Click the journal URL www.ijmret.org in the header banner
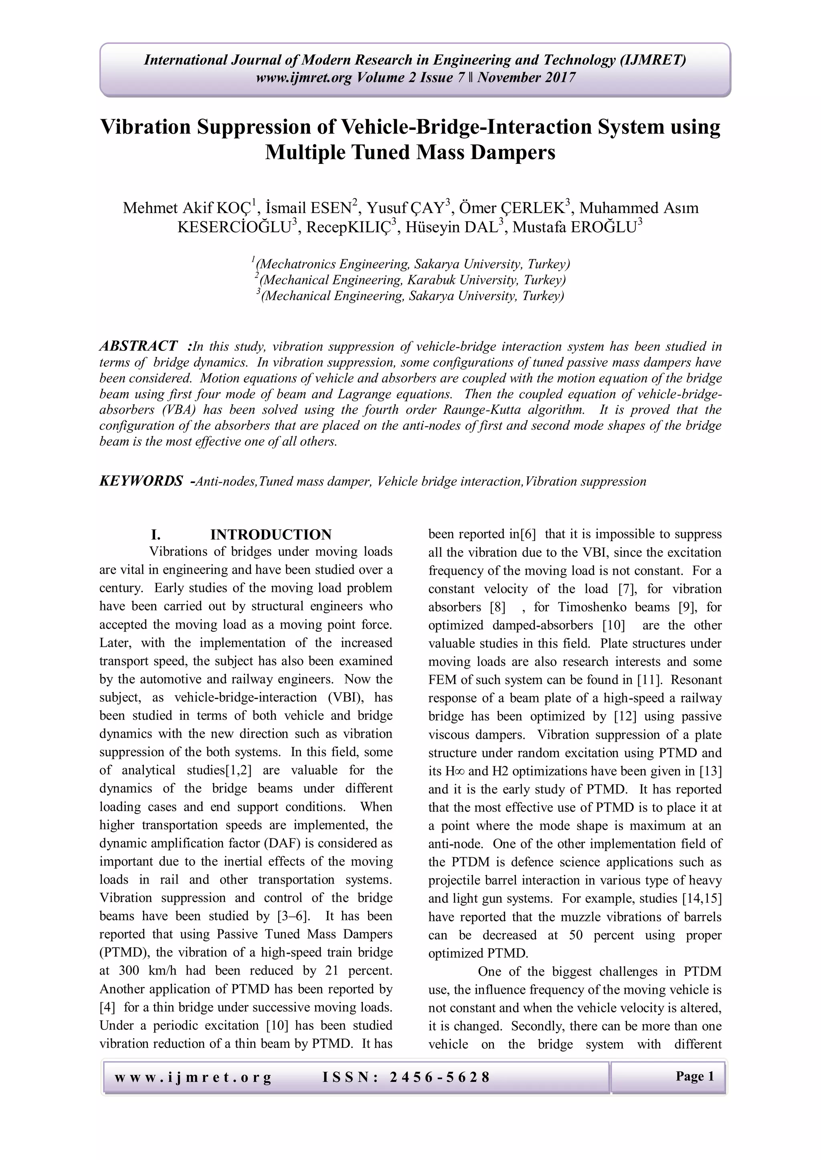click(x=304, y=78)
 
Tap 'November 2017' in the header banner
click(x=527, y=78)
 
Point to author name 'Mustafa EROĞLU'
click(x=575, y=228)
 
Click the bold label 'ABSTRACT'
click(x=138, y=346)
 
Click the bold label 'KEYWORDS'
click(x=141, y=481)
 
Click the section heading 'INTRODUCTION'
click(x=271, y=534)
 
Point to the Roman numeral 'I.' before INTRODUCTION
click(x=156, y=534)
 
